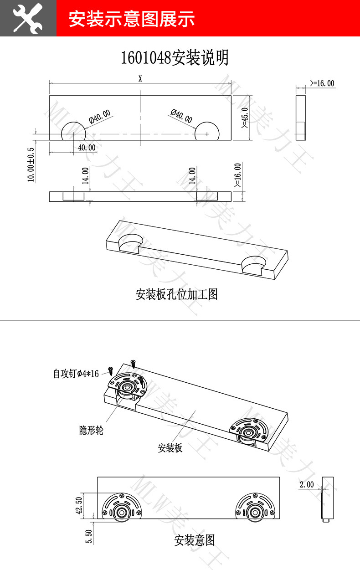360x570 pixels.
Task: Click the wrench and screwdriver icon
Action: (x=28, y=18)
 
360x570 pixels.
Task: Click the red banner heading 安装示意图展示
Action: (x=132, y=19)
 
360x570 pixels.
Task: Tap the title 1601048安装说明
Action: (x=175, y=58)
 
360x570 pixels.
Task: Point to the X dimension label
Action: (x=140, y=78)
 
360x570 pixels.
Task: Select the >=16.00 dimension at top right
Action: (x=322, y=83)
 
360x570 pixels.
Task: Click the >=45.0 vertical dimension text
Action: (x=244, y=118)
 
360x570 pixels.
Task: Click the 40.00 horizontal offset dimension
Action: (x=87, y=148)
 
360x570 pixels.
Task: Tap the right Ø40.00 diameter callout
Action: (x=181, y=116)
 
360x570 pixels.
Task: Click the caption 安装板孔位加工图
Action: (x=177, y=294)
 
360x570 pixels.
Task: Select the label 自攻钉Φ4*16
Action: (x=76, y=374)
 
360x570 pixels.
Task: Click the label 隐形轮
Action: (x=91, y=430)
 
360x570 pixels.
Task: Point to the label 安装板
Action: (x=170, y=448)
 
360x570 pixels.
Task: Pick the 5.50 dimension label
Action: (x=89, y=536)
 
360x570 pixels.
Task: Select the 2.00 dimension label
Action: (x=307, y=484)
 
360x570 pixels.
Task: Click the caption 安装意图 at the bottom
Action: (x=194, y=541)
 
